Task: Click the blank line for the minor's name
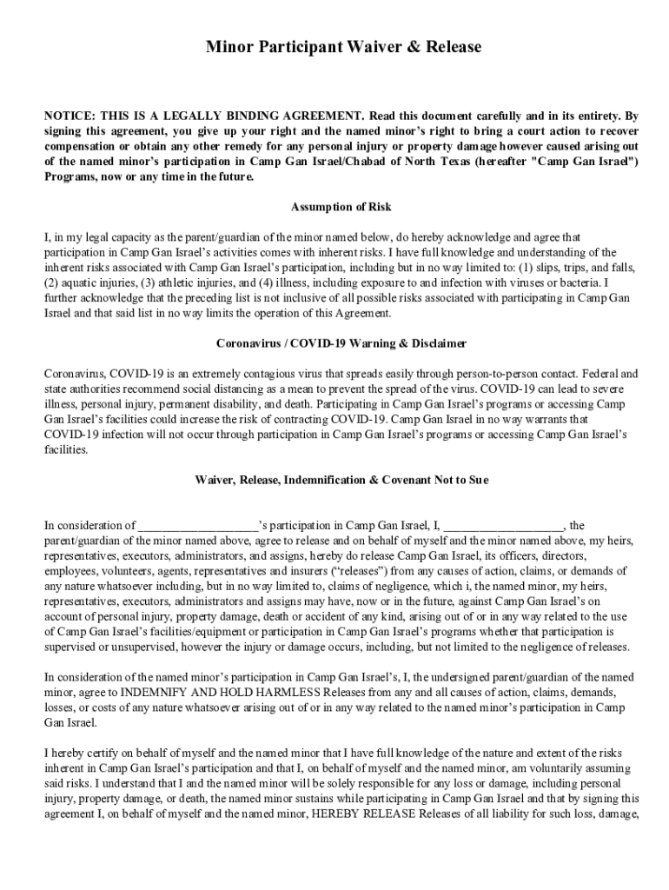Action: point(198,526)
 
